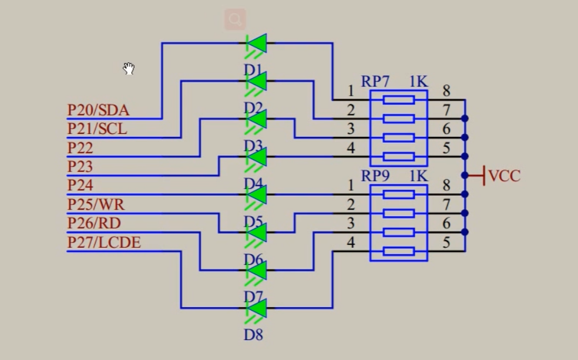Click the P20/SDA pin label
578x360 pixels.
click(98, 110)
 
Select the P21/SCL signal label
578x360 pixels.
click(97, 129)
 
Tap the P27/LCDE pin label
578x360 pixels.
click(104, 242)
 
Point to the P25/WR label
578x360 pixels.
click(96, 204)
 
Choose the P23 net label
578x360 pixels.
click(80, 167)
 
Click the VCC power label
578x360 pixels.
click(504, 176)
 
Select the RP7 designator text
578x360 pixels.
click(375, 82)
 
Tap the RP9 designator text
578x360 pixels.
click(375, 176)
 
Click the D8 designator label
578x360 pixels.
click(253, 335)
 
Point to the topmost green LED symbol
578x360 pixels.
click(257, 43)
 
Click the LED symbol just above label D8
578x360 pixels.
click(257, 308)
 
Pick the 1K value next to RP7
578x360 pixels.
click(418, 82)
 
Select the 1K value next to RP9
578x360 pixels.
click(418, 176)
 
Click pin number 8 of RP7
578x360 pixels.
click(446, 91)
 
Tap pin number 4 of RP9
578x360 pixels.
click(351, 242)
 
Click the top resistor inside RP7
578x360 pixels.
click(398, 100)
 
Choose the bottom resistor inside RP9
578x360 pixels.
click(398, 251)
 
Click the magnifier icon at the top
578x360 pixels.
click(235, 19)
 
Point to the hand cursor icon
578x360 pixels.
click(129, 69)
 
